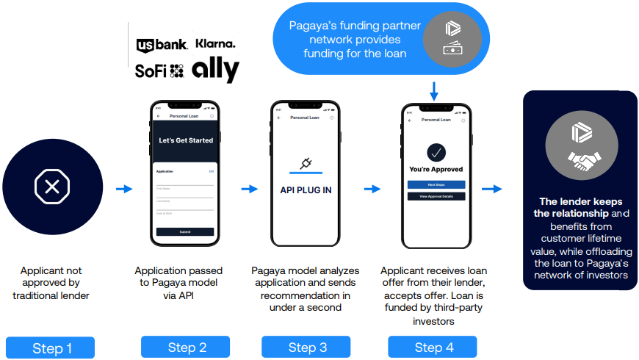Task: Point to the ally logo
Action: (x=215, y=71)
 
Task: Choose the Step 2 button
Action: (x=185, y=348)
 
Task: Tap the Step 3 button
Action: (x=306, y=348)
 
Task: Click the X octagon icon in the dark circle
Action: (x=52, y=187)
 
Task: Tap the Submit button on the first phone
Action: (x=185, y=231)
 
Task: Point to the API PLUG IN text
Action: (x=306, y=190)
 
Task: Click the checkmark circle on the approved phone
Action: (x=436, y=152)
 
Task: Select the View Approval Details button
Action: (x=436, y=196)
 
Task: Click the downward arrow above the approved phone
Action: (x=434, y=92)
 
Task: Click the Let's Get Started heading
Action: (x=185, y=140)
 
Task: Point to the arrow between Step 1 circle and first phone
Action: (x=124, y=189)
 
